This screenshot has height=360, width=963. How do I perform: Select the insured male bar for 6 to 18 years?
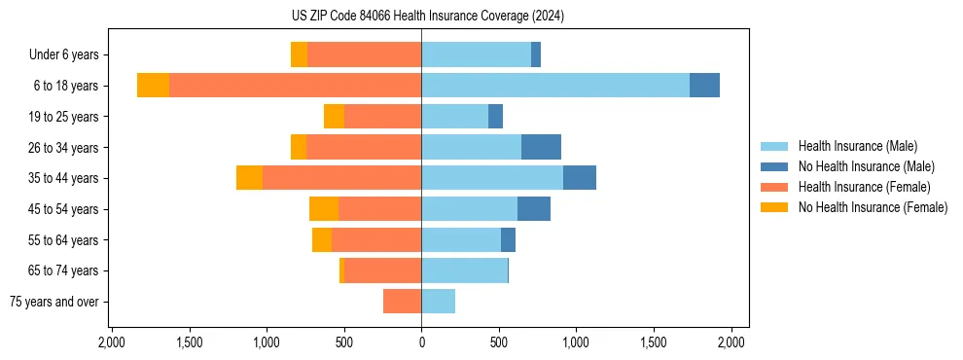tap(555, 86)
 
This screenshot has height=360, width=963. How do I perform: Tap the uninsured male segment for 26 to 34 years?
tap(541, 147)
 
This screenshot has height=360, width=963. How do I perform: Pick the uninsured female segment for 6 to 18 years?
tap(153, 86)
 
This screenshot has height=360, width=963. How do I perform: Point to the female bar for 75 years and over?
tap(402, 302)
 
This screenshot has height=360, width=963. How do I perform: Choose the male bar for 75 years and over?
tap(438, 302)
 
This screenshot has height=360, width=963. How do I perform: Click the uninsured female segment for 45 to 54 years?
tap(324, 209)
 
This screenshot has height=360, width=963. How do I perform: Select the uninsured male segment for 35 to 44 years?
tap(579, 178)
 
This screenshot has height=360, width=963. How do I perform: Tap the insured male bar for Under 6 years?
tap(476, 54)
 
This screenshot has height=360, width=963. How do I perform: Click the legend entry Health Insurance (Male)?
tap(857, 146)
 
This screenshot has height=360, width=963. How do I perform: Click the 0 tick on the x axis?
tap(421, 342)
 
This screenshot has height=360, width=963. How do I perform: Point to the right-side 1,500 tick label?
tap(654, 342)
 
